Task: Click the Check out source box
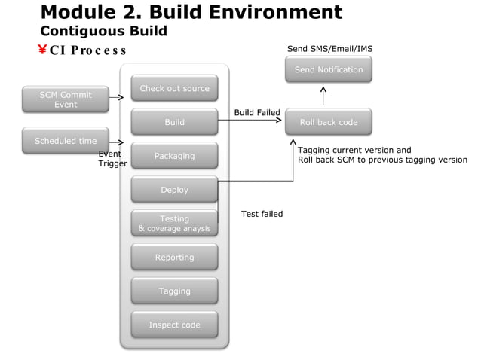pyautogui.click(x=174, y=88)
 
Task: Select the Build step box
pyautogui.click(x=174, y=122)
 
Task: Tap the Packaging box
pyautogui.click(x=174, y=156)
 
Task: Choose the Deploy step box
pyautogui.click(x=174, y=190)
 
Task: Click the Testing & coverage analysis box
pyautogui.click(x=174, y=224)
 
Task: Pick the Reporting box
pyautogui.click(x=174, y=258)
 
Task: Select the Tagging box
pyautogui.click(x=174, y=291)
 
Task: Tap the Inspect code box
pyautogui.click(x=174, y=325)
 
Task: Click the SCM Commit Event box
pyautogui.click(x=66, y=99)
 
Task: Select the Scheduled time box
pyautogui.click(x=66, y=141)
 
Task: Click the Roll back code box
pyautogui.click(x=329, y=122)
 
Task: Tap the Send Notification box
pyautogui.click(x=329, y=70)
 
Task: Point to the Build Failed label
pyautogui.click(x=257, y=113)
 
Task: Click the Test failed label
pyautogui.click(x=262, y=214)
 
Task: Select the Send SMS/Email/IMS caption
pyautogui.click(x=329, y=49)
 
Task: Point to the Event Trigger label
pyautogui.click(x=112, y=158)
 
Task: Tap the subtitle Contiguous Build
pyautogui.click(x=103, y=31)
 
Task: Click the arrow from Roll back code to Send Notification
pyautogui.click(x=323, y=96)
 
